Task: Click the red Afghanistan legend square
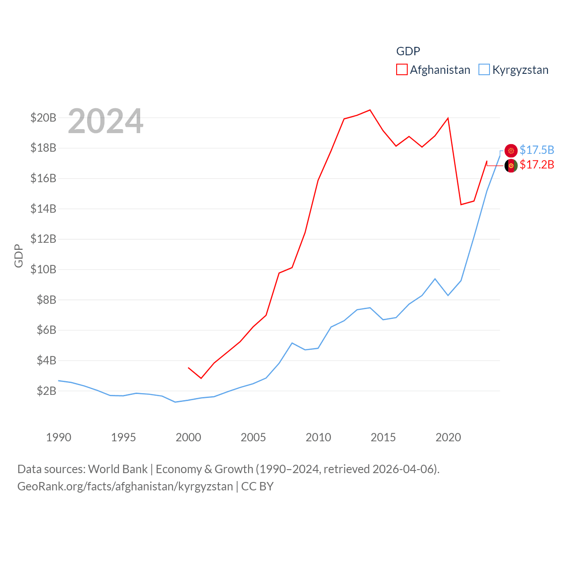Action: (402, 70)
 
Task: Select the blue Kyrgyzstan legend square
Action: (484, 70)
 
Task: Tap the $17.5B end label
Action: (537, 150)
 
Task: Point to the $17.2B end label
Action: (537, 164)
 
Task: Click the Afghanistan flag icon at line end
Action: (511, 166)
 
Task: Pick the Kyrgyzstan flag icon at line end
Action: (511, 151)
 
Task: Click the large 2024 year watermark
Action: (105, 121)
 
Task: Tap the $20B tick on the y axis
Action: (43, 118)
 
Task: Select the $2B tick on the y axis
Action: (46, 391)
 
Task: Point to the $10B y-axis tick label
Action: (43, 269)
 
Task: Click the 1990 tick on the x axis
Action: (58, 437)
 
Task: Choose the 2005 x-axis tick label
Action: (253, 437)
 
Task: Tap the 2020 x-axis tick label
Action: (448, 437)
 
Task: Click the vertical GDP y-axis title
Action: (19, 256)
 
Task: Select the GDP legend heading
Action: (408, 51)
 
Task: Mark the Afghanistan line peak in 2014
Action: (370, 110)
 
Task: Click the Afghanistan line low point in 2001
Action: (201, 378)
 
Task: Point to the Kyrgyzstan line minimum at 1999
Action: (175, 402)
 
